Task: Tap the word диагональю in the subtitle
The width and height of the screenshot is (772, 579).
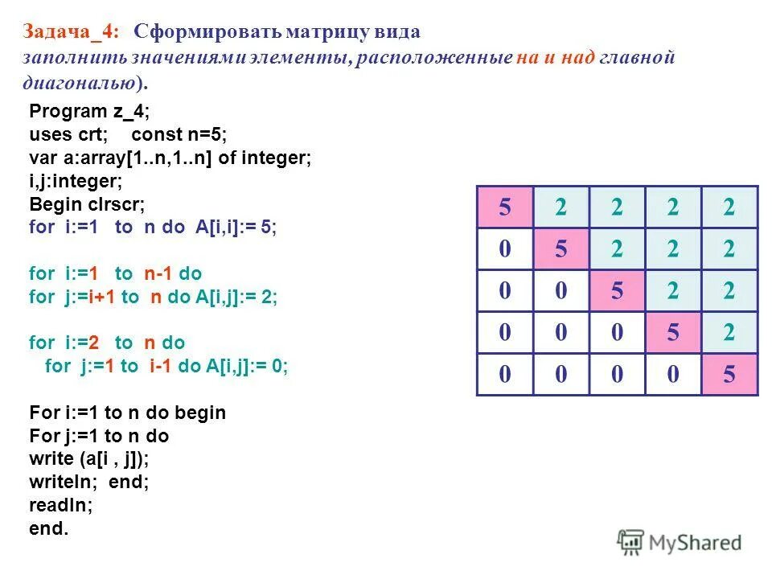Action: (x=80, y=83)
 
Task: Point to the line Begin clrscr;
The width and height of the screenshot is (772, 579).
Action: (x=88, y=204)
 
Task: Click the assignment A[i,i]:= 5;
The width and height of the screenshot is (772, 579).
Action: (x=235, y=228)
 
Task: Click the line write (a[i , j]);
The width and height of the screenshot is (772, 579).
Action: (x=89, y=459)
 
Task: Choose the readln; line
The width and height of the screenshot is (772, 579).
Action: (x=60, y=506)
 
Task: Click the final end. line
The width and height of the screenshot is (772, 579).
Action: (x=49, y=529)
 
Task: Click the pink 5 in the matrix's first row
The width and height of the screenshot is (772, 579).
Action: (x=504, y=207)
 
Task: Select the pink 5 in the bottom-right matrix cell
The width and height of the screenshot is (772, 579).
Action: (x=729, y=375)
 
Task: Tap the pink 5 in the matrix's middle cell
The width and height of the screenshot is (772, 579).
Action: (x=617, y=291)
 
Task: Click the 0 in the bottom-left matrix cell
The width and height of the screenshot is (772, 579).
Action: (x=504, y=375)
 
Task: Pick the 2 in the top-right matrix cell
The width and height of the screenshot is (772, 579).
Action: (x=729, y=207)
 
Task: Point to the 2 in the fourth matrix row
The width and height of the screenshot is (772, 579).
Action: (x=729, y=333)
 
